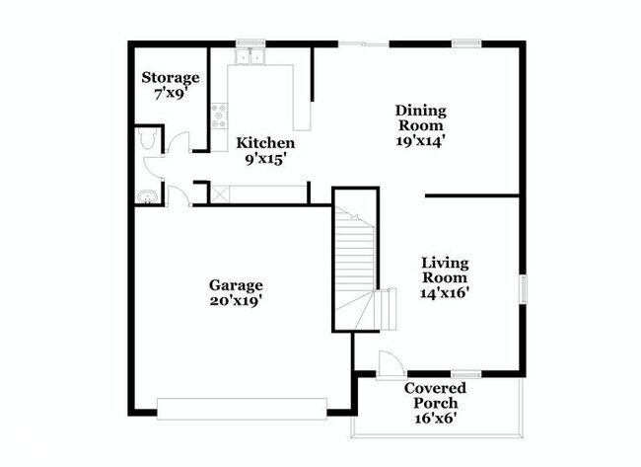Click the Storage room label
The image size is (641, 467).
(x=171, y=77)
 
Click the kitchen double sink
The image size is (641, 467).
(x=250, y=57)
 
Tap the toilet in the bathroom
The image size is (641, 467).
(x=148, y=141)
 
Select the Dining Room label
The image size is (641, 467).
(x=421, y=117)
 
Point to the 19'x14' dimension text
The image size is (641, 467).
(x=421, y=141)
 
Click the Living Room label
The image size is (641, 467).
(x=445, y=271)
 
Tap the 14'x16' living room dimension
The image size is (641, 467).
(x=445, y=293)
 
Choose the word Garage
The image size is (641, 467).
(x=235, y=285)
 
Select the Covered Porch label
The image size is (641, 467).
(x=435, y=395)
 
